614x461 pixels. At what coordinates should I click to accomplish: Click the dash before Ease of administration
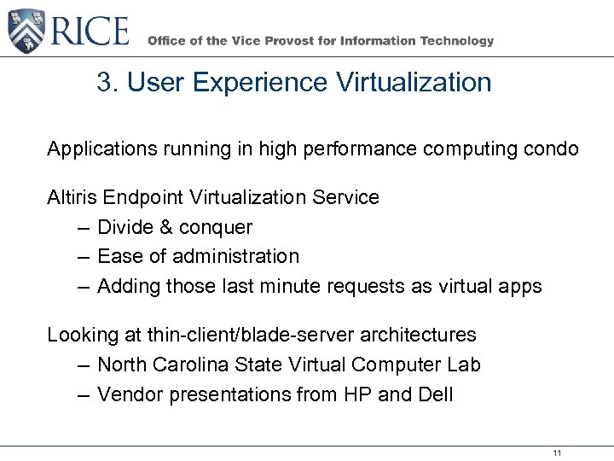point(81,257)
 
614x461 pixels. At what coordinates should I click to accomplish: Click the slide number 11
point(557,452)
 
